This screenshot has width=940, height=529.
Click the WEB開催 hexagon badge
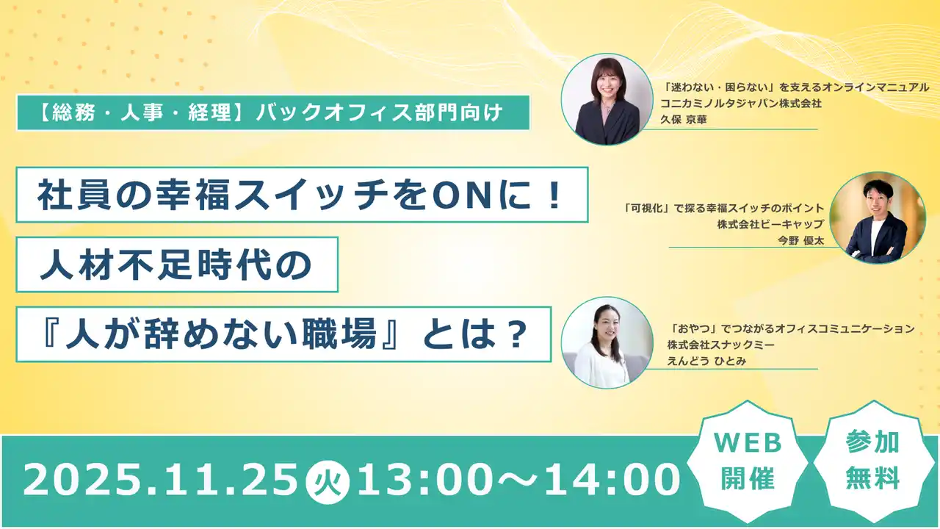(x=745, y=460)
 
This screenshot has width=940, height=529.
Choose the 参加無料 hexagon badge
(x=872, y=460)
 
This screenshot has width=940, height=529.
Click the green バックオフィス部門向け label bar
(x=272, y=114)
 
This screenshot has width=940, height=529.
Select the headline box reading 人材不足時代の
(x=176, y=264)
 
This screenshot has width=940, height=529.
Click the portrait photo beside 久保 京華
(x=607, y=98)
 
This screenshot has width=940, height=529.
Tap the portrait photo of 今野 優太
(x=878, y=218)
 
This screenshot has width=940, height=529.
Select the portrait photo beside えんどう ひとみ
(x=607, y=342)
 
